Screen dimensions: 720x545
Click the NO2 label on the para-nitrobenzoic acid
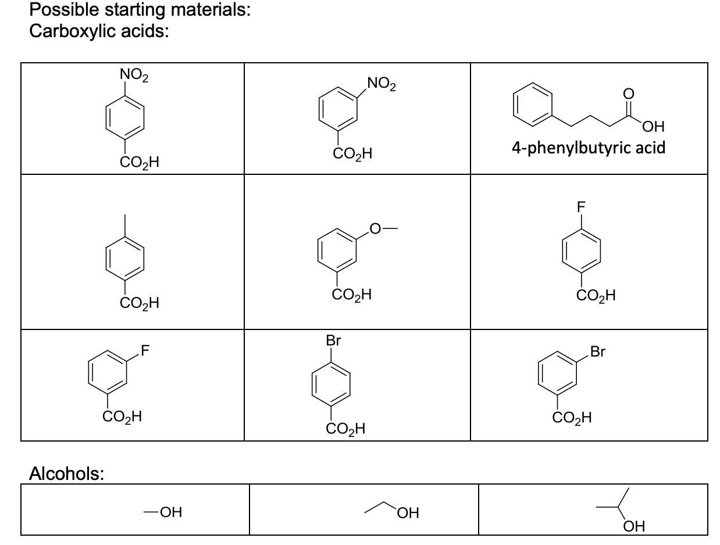[133, 76]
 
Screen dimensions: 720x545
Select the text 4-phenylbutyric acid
[588, 148]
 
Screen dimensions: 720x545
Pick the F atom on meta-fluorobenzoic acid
[145, 350]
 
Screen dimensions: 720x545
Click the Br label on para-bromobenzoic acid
[334, 341]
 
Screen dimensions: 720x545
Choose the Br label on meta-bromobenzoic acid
[598, 352]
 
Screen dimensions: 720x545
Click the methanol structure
[162, 512]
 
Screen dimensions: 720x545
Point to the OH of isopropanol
[632, 527]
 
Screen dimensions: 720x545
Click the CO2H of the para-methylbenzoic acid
[139, 303]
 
